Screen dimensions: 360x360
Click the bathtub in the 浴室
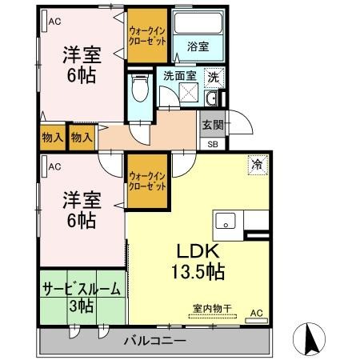tap(198, 22)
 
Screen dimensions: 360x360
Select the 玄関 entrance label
tap(213, 125)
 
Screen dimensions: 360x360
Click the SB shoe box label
tap(213, 144)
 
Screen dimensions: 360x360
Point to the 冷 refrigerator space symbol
tap(258, 165)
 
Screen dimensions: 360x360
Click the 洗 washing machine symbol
tap(214, 78)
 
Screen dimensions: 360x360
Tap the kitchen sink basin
tap(226, 221)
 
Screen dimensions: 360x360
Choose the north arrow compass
tap(309, 339)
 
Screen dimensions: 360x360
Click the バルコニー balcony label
tap(154, 341)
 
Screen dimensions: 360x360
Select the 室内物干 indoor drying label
tap(212, 309)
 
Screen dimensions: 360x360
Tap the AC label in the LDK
tap(257, 313)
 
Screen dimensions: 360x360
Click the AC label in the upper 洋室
tap(54, 22)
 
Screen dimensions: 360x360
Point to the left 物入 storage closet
tap(53, 138)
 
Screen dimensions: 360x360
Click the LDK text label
tap(198, 251)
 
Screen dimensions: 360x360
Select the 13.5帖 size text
tap(198, 272)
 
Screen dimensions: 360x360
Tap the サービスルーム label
tap(82, 290)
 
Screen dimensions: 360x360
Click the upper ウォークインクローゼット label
tap(147, 36)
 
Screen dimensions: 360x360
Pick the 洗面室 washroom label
tap(180, 76)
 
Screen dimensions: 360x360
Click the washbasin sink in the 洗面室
tap(212, 98)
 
